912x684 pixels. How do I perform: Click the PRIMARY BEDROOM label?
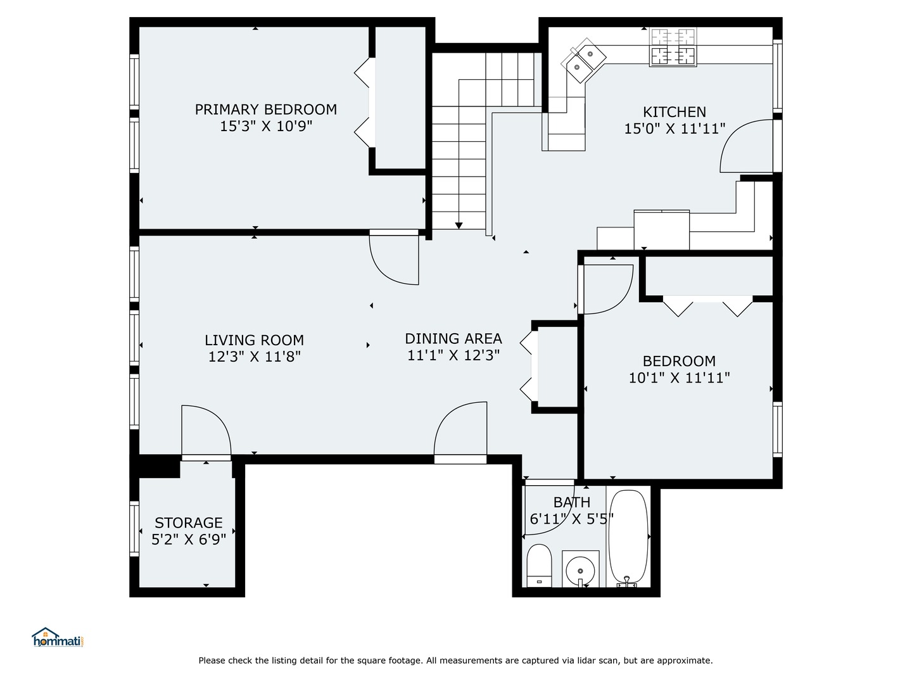pos(265,110)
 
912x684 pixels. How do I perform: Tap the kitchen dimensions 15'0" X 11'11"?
pos(674,129)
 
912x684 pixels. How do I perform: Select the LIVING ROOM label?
pos(254,340)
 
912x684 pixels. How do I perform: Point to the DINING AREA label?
pos(453,338)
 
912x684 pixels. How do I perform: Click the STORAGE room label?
pos(189,522)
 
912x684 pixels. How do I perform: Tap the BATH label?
pos(572,502)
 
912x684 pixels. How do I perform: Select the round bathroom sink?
pos(580,567)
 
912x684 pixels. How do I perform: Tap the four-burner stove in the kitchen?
pos(673,47)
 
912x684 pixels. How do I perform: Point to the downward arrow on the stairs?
pos(459,225)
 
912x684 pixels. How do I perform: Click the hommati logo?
pos(58,638)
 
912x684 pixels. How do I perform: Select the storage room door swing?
pos(204,431)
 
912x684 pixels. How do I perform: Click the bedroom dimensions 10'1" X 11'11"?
pos(679,378)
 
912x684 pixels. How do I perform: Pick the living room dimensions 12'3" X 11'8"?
pos(254,357)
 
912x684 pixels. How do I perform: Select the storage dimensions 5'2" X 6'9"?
pos(189,540)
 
